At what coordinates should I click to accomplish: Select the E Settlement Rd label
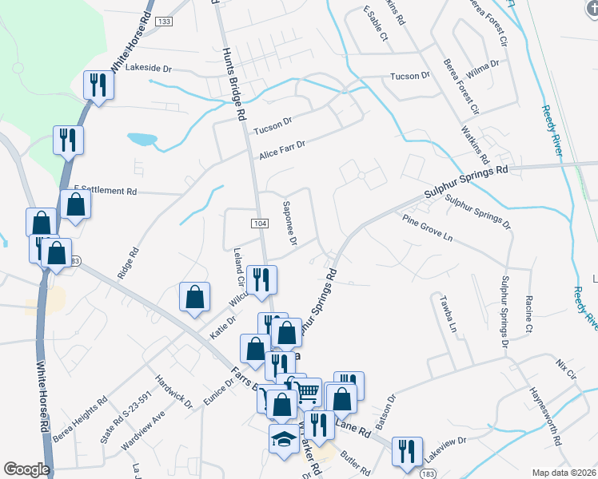tap(106, 191)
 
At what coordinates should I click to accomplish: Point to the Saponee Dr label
tap(289, 224)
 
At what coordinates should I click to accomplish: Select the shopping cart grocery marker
tap(307, 391)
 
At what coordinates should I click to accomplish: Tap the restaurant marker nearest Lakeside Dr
tap(99, 84)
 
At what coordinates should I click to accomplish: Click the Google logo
tap(26, 469)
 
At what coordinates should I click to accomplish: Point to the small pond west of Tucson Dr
tap(143, 139)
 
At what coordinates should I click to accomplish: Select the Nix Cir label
tap(565, 371)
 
